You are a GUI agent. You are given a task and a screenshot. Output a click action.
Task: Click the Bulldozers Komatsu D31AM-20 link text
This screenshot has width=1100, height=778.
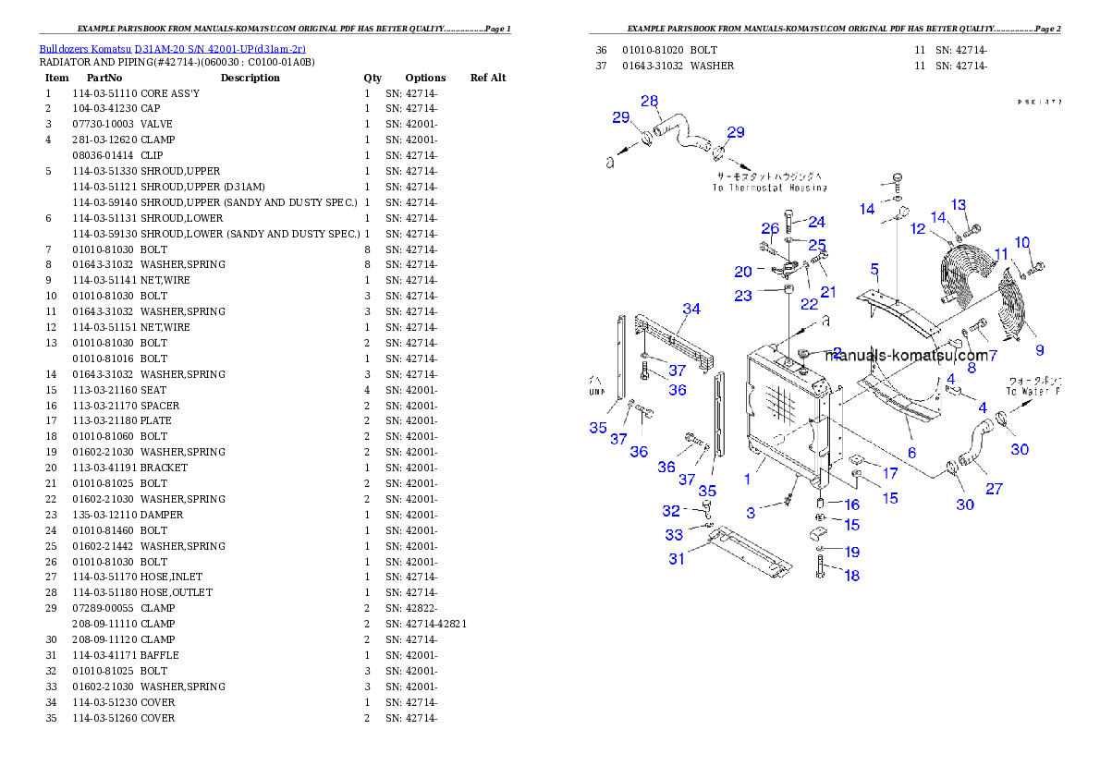coord(172,49)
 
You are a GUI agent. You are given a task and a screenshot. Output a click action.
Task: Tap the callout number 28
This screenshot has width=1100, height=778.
coord(649,101)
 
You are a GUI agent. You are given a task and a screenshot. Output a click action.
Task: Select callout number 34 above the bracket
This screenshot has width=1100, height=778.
coord(691,309)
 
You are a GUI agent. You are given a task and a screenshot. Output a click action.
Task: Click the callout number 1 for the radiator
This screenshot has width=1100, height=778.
coord(747,480)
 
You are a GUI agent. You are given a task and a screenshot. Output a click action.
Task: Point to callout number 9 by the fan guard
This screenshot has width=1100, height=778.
coord(1039,350)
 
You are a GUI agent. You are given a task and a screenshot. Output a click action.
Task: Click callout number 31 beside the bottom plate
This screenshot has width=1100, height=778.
coord(678,558)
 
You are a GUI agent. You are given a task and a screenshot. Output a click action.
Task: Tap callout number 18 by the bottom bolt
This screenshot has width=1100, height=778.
coord(851,576)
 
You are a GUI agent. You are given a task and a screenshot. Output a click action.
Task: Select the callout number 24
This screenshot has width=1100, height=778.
coord(816,222)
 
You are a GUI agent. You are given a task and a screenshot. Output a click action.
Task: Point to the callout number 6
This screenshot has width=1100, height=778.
coord(911,453)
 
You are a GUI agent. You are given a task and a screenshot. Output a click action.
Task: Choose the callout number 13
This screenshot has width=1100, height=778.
coord(959,205)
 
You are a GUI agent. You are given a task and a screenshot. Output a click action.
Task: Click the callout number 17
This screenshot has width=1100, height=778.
coord(889,473)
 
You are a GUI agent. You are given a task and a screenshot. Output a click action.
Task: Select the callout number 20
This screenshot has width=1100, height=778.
coord(743,272)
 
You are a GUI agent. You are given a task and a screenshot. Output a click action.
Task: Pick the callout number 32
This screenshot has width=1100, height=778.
coord(671,511)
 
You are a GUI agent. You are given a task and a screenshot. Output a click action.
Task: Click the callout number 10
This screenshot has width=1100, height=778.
coord(1022,243)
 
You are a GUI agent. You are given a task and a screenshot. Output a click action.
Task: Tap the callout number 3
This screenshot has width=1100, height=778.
coord(752,512)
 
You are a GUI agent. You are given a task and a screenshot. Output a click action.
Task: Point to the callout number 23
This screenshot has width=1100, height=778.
coord(743,296)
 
